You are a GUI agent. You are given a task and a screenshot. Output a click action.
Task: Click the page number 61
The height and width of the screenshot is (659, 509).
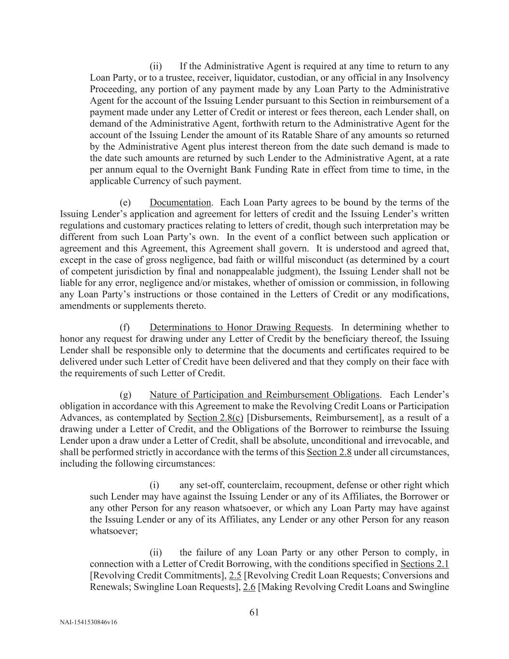[x=254, y=612]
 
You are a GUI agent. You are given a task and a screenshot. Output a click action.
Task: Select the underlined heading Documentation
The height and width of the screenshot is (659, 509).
[x=180, y=202]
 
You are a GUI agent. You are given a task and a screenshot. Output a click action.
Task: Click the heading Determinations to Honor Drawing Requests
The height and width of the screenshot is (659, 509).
[x=240, y=327]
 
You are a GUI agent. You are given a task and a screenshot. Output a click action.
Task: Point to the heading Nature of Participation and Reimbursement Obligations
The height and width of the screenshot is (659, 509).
[x=264, y=395]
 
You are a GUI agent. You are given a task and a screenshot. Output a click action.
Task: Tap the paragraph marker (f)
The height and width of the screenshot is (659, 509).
[x=124, y=327]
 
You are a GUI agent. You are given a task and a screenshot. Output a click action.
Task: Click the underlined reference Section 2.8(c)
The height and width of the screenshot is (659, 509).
[x=215, y=418]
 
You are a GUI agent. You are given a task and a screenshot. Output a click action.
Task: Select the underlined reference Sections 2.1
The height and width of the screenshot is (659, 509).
[x=425, y=564]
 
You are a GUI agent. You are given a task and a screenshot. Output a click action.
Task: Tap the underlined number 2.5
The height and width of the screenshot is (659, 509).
[x=235, y=575]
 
